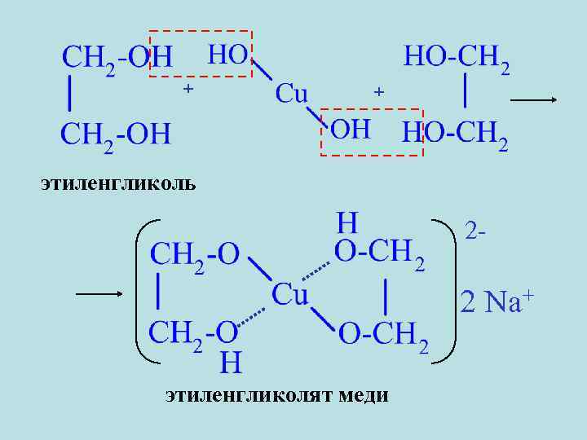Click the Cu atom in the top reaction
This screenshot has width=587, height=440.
click(291, 93)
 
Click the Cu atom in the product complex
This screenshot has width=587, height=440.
click(289, 293)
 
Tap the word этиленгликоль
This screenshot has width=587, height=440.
click(118, 182)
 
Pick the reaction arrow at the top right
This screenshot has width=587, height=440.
click(533, 100)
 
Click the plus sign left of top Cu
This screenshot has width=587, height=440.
click(188, 87)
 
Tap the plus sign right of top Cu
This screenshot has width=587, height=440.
click(377, 92)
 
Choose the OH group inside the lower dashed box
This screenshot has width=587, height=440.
click(350, 129)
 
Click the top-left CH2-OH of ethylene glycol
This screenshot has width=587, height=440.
click(117, 57)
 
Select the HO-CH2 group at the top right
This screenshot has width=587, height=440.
click(457, 57)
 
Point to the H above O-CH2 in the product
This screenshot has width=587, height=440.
click(347, 222)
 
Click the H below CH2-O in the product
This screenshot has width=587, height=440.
click(231, 362)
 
